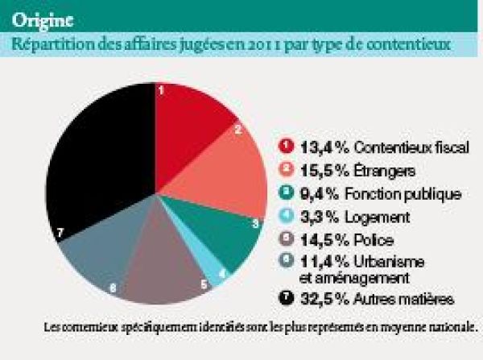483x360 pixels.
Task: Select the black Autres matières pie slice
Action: [x=97, y=169]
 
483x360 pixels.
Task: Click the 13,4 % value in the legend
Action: [x=319, y=147]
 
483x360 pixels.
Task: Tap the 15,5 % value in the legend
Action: [x=319, y=170]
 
